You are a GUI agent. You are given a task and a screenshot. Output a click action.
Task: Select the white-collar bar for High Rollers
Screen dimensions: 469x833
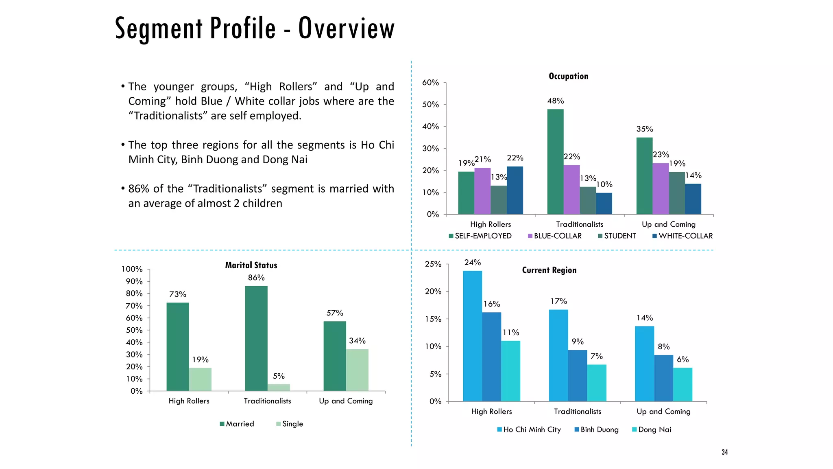515,190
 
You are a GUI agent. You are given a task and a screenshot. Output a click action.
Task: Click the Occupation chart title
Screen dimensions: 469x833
568,76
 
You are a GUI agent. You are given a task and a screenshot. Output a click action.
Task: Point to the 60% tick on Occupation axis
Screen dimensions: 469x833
430,83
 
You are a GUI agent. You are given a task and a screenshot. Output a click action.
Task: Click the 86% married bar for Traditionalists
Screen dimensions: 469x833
256,338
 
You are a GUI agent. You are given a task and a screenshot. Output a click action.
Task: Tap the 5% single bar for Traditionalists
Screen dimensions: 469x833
279,387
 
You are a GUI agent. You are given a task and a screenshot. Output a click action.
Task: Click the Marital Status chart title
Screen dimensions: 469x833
251,265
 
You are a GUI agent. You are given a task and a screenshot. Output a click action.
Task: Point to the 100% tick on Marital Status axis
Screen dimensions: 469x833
132,269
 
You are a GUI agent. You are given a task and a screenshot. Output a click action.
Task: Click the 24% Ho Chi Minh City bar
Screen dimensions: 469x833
472,336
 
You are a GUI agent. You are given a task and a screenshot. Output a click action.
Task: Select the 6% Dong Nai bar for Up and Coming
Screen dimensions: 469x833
683,384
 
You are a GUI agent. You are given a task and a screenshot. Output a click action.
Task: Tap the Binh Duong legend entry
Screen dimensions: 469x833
596,430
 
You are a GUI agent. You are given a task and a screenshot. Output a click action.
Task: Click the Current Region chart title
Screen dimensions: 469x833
549,270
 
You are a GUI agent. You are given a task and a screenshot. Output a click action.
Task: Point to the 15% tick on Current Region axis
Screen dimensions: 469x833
433,319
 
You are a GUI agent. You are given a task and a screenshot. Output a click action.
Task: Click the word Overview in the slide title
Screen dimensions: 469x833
346,28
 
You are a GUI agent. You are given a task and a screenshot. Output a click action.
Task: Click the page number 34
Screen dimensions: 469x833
724,452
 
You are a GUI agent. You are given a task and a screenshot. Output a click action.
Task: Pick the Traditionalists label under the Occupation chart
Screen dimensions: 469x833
580,224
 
